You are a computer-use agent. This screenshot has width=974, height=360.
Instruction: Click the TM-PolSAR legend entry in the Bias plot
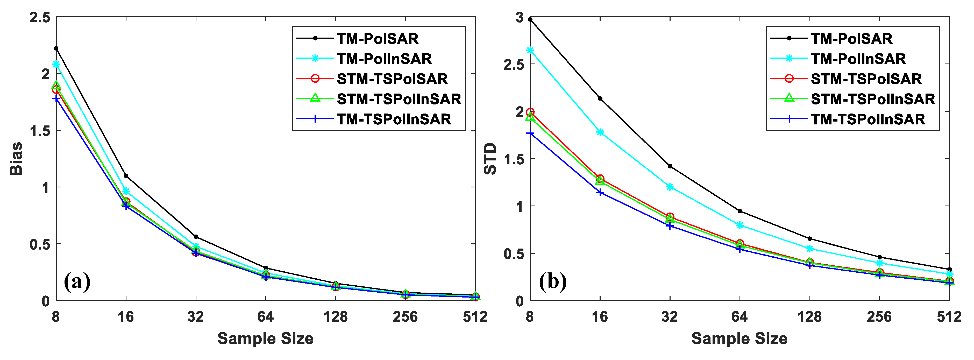(x=377, y=39)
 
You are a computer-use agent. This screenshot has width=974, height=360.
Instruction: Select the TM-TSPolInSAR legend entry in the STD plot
(x=868, y=119)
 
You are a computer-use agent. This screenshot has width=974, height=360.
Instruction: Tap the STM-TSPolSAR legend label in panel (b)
(x=866, y=79)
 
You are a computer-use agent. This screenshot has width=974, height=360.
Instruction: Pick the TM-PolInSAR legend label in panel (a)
(x=384, y=59)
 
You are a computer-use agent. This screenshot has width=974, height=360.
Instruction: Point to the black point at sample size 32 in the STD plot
(x=670, y=166)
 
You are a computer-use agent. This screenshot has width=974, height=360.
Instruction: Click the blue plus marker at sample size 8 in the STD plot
(x=530, y=133)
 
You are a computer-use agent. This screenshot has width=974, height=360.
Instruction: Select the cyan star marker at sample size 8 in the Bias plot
(x=56, y=64)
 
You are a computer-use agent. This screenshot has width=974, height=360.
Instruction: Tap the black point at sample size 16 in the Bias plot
(x=126, y=176)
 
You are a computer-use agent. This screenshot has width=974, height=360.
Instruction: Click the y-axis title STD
(x=490, y=159)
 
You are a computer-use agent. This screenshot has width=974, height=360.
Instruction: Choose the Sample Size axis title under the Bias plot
(x=265, y=338)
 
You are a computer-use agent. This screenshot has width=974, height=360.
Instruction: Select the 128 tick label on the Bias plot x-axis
(x=335, y=316)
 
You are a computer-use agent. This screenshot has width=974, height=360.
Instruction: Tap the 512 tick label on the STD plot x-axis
(x=949, y=316)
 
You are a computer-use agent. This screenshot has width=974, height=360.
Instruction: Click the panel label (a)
(x=77, y=281)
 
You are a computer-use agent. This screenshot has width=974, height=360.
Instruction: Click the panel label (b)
(x=552, y=281)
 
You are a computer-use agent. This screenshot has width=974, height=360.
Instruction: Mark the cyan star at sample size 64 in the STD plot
(x=740, y=225)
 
